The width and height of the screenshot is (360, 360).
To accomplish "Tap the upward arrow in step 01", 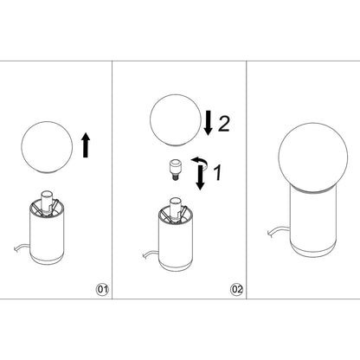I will point(84,145).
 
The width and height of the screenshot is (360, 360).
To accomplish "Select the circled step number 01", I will point(103,288).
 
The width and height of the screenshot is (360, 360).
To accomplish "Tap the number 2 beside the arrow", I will point(223,124).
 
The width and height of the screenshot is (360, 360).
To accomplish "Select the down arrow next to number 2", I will point(209,123).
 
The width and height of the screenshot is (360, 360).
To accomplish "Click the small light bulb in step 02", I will point(174,170).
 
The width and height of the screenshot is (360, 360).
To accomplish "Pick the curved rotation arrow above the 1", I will point(199,162).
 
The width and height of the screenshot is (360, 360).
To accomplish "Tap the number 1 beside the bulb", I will point(219,175).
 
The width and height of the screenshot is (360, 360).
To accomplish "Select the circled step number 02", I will point(235,288).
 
